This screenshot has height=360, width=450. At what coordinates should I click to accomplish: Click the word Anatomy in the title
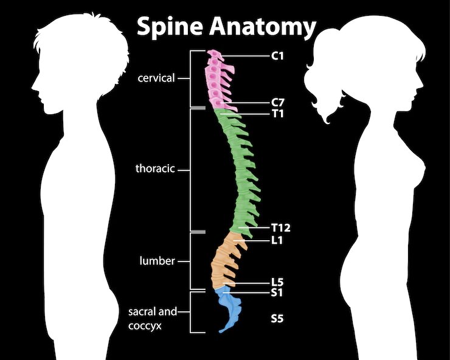coord(263,27)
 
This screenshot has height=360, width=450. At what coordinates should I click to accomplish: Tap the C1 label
coord(277,56)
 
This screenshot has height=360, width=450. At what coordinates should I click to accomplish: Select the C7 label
coord(277,103)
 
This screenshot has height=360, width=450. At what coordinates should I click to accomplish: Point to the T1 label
coord(277,114)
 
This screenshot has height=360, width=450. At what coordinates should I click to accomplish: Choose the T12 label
coord(281,227)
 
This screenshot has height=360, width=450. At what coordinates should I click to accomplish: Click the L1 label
coord(277,240)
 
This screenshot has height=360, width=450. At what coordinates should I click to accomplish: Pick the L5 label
coord(277,282)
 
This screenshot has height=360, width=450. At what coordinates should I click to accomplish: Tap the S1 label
coord(277,292)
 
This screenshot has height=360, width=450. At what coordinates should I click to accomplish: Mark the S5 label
coord(277,319)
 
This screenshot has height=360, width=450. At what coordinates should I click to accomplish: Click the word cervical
coord(156,78)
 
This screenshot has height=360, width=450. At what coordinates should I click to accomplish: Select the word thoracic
coord(155,168)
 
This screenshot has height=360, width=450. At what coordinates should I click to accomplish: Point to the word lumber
coord(157,261)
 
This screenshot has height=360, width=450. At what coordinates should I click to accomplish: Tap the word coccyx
coord(145,327)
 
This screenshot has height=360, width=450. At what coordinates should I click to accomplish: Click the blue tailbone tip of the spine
coord(220,331)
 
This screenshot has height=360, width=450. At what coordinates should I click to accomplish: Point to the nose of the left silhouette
coord(32,86)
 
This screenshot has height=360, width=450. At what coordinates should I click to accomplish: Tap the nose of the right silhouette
coord(422,86)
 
